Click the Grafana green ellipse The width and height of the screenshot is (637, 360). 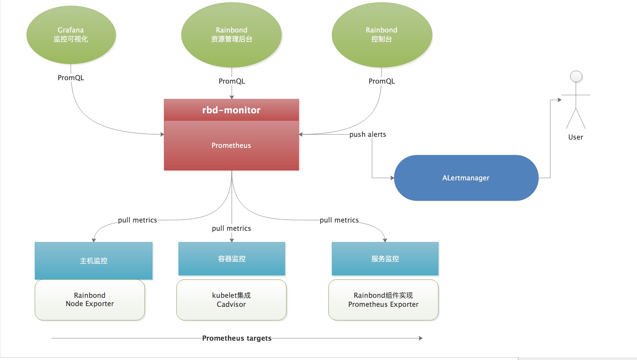(x=71, y=35)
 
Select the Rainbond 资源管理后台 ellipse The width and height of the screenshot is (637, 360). (x=231, y=35)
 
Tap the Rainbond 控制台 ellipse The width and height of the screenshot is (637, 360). (x=381, y=35)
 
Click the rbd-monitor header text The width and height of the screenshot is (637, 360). (x=231, y=110)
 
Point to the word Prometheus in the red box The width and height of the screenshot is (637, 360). (x=231, y=145)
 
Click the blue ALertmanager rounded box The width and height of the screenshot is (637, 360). (x=466, y=178)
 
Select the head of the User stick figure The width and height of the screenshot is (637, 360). (x=576, y=76)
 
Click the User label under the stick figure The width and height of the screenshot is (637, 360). (x=576, y=137)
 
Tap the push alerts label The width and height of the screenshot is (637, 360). (x=368, y=134)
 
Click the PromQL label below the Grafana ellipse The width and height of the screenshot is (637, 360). (x=71, y=78)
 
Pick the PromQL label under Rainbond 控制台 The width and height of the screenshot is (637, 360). (x=381, y=81)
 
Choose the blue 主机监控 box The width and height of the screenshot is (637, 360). (x=94, y=261)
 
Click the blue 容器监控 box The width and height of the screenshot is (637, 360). (x=231, y=259)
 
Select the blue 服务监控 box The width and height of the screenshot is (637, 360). (x=385, y=259)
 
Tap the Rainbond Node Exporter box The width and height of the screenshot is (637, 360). (x=89, y=300)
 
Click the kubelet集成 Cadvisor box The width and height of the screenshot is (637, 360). (x=231, y=300)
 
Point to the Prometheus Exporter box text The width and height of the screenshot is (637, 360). (x=383, y=304)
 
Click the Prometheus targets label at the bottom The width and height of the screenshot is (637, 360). (x=237, y=338)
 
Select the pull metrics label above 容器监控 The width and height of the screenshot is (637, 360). (x=231, y=228)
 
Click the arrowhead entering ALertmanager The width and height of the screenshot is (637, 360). (x=392, y=178)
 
